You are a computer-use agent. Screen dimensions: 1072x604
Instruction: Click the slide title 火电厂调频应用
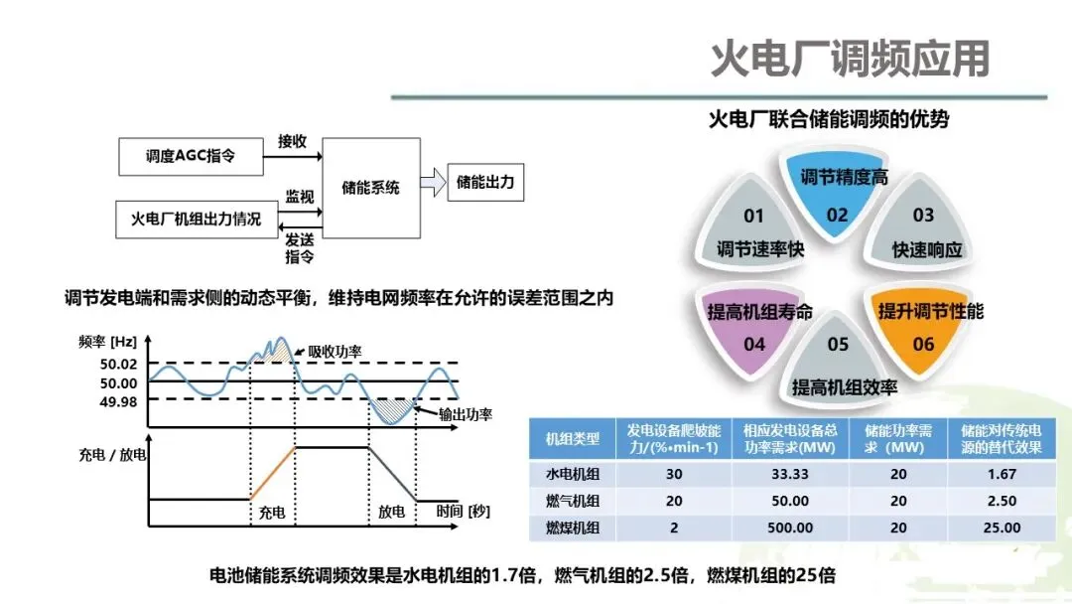(850, 60)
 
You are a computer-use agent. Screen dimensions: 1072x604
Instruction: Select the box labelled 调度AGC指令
(191, 156)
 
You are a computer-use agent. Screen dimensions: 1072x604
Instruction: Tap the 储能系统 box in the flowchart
(370, 187)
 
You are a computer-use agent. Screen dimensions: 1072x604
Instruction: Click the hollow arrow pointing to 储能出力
(432, 184)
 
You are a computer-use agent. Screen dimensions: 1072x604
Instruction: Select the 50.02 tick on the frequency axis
(119, 363)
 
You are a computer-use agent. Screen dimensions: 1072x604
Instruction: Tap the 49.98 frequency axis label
(119, 400)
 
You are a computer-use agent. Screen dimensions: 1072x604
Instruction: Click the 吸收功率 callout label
(335, 351)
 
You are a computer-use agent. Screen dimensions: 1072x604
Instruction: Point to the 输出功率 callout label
(466, 413)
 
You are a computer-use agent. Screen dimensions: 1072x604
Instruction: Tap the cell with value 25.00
(1000, 528)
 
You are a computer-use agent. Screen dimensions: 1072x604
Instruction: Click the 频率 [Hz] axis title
(107, 342)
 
